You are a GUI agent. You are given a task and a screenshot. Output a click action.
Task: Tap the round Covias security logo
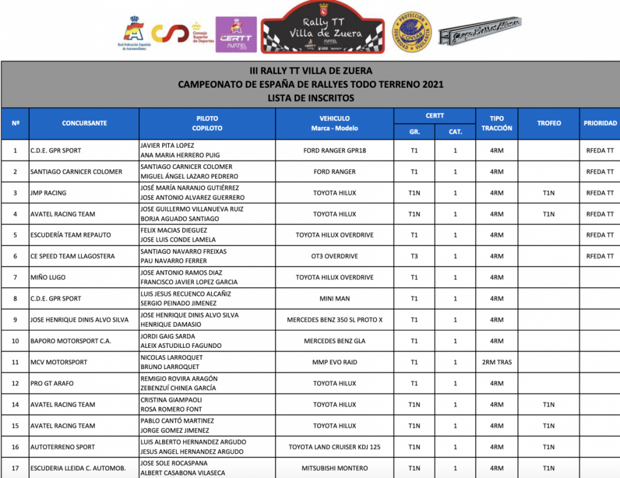point(412,31)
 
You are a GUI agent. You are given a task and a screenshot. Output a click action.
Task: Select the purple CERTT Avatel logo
point(236,34)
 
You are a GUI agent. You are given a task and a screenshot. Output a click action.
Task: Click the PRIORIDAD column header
point(600,123)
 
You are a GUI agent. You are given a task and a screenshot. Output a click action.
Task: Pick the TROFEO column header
point(549,123)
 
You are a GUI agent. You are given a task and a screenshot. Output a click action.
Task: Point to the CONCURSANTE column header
point(84,123)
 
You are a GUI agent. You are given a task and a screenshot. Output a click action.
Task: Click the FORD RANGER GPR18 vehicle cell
point(334,151)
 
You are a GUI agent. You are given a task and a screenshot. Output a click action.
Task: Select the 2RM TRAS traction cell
point(496,362)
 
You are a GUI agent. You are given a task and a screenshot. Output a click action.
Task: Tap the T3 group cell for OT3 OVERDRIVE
point(414,257)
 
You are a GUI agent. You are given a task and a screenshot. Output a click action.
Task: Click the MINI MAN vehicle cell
point(334,299)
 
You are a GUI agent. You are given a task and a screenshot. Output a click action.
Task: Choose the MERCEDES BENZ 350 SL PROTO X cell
point(334,320)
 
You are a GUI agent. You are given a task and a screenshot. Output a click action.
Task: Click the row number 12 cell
point(15,384)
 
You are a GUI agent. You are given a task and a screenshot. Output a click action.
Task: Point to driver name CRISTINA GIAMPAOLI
point(171,400)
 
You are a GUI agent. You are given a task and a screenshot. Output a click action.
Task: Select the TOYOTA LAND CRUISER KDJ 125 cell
point(334,447)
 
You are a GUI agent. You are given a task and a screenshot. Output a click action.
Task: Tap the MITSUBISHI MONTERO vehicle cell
point(334,468)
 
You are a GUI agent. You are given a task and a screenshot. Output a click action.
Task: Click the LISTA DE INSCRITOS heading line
point(310,98)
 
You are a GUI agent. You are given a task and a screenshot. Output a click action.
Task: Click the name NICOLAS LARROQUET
point(171,358)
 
